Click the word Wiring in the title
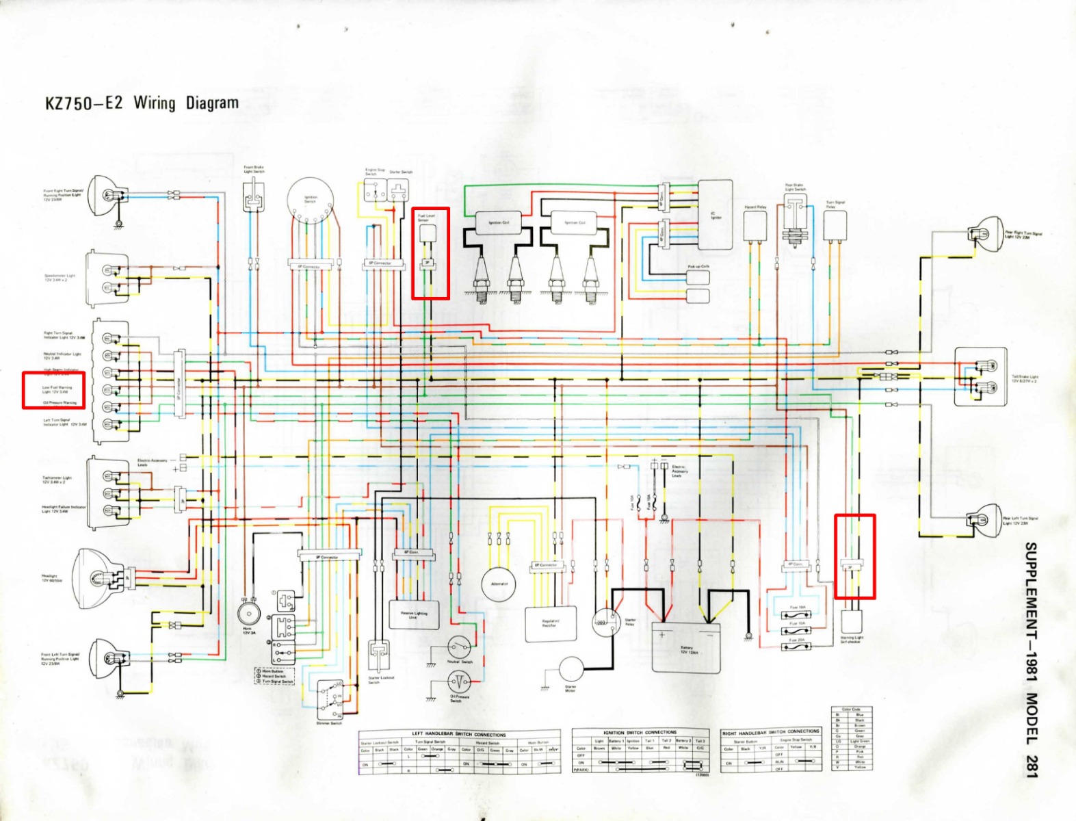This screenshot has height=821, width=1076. tap(155, 103)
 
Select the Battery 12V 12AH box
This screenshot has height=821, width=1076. tap(685, 647)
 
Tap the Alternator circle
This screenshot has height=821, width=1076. tap(499, 584)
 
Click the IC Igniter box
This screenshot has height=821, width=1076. tap(715, 215)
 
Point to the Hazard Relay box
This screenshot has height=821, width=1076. tap(754, 226)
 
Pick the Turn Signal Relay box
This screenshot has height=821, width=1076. tap(835, 225)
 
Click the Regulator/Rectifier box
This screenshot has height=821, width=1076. tap(550, 624)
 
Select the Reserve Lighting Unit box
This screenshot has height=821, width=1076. tap(414, 616)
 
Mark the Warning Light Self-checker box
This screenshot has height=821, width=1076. tap(852, 621)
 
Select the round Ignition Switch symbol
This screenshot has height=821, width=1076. tap(311, 200)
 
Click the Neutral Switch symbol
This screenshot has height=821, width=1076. tap(459, 647)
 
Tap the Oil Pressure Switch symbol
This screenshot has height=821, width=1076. tap(459, 681)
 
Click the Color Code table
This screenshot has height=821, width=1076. tap(852, 738)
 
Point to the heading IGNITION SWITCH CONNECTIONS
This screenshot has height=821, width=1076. tap(640, 732)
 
